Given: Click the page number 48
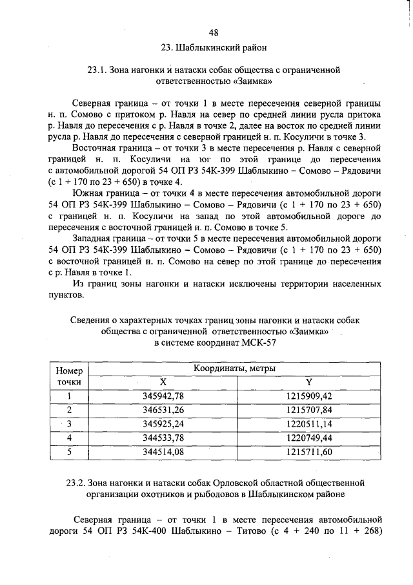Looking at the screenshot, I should (214, 33).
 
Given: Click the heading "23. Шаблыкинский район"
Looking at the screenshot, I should (214, 48).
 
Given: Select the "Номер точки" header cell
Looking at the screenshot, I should (70, 376).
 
